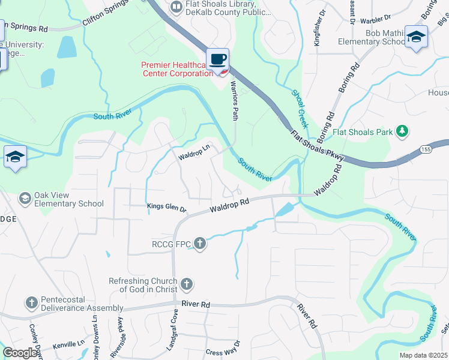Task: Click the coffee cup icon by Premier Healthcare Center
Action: (x=217, y=59)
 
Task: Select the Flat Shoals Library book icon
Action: (x=176, y=7)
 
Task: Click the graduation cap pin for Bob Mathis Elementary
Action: (x=416, y=37)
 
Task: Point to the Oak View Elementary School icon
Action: (x=25, y=198)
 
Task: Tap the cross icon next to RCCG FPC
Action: (x=200, y=244)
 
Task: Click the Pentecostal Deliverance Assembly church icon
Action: (x=32, y=303)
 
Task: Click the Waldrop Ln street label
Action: (x=193, y=152)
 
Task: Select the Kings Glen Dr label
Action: (x=167, y=208)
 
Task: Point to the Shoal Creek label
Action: (x=300, y=109)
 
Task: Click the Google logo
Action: (x=20, y=353)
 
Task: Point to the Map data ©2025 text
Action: (x=423, y=355)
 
